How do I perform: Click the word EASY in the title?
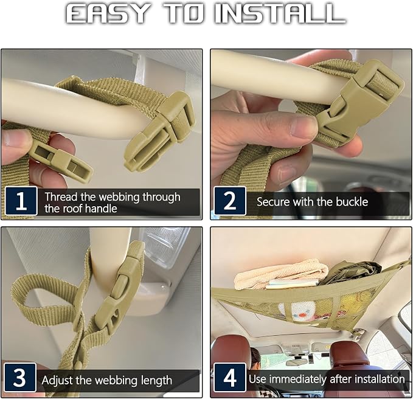107,14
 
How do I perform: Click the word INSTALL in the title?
280,14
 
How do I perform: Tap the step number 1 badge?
21,201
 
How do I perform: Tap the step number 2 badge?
230,201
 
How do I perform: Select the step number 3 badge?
20,377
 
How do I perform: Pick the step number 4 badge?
230,377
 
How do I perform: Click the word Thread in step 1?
61,196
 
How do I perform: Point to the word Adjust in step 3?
57,381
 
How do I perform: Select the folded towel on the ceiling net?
281,274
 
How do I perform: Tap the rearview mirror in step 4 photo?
297,362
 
